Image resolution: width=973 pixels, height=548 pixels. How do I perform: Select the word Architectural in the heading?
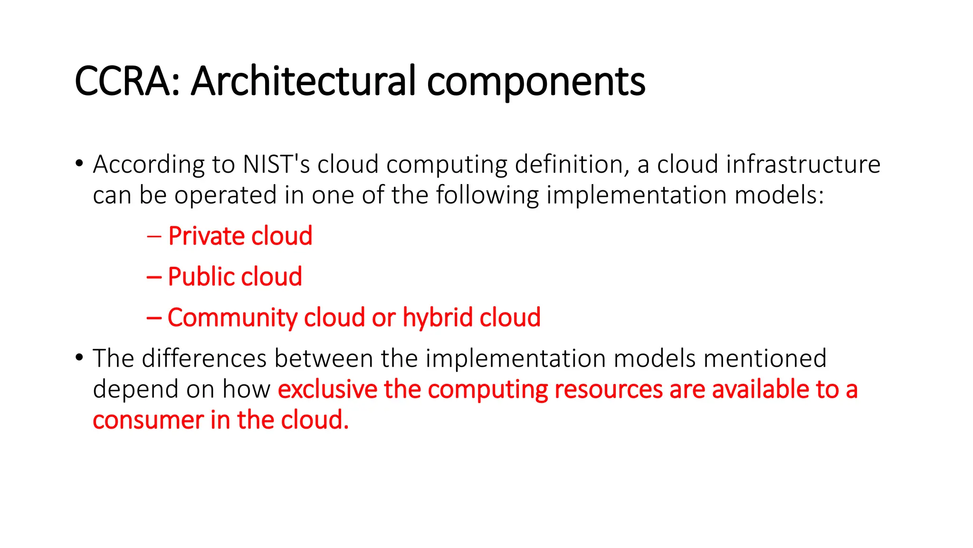pos(303,81)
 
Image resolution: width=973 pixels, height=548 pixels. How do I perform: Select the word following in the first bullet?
pos(487,195)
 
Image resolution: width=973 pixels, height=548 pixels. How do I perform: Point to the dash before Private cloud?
pos(154,236)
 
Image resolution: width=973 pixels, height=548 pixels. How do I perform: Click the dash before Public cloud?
pos(154,277)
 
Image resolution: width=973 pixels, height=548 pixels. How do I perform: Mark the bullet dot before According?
pos(79,164)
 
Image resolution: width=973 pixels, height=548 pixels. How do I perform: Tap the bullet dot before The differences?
pos(79,358)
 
